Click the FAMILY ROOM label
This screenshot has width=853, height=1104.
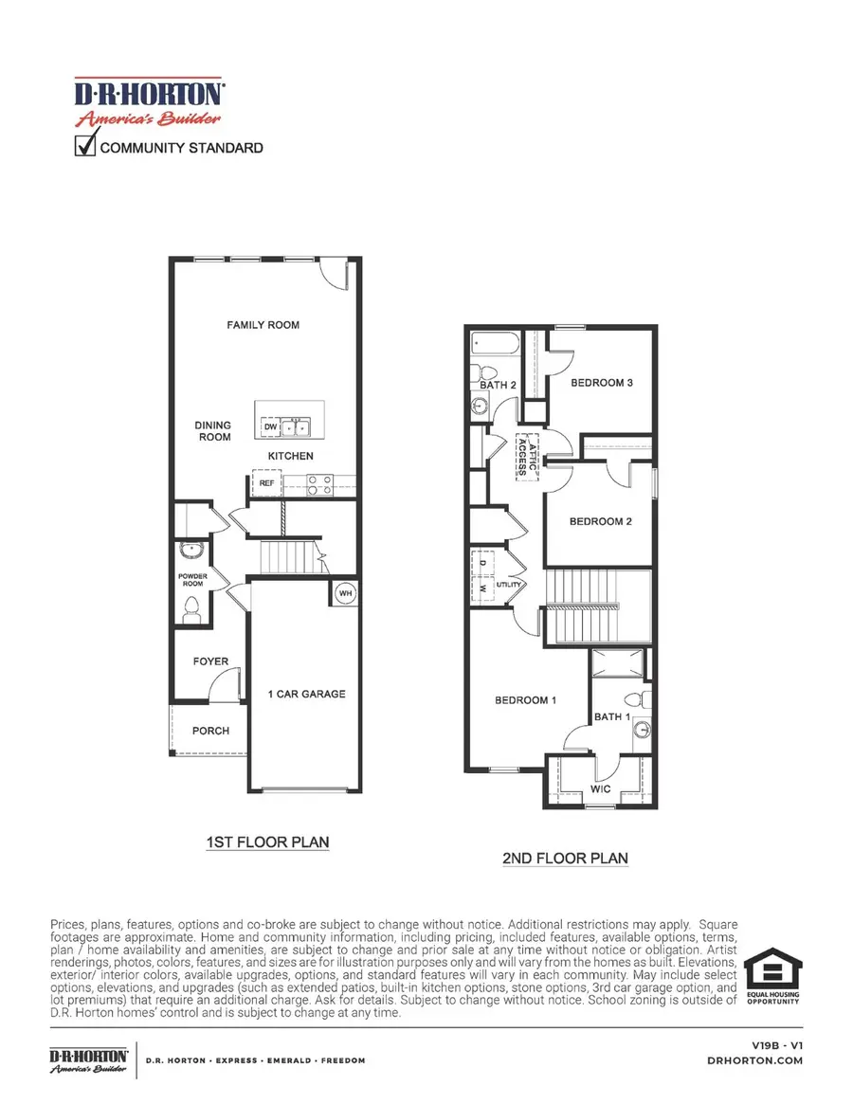click(263, 325)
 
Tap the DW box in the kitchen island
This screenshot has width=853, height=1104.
click(270, 428)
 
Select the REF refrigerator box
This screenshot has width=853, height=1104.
click(266, 483)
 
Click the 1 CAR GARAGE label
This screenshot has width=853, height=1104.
click(306, 694)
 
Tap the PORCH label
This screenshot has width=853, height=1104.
click(210, 731)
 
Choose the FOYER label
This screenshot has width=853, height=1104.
click(209, 661)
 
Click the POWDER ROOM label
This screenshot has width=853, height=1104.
click(192, 580)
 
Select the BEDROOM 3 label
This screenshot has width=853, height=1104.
click(601, 383)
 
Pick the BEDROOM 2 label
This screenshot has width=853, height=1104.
click(600, 521)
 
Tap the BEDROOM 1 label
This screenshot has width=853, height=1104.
click(525, 700)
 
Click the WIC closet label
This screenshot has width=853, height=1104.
click(600, 788)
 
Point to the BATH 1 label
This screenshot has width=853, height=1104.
click(612, 716)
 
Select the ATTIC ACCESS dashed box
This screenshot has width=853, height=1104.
click(527, 459)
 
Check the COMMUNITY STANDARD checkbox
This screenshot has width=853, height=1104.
click(85, 146)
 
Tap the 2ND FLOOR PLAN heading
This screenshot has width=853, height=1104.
click(565, 859)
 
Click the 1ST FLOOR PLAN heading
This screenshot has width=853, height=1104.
click(268, 842)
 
